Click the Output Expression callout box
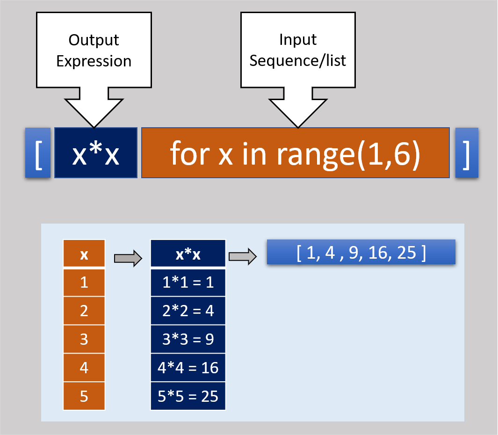pyautogui.click(x=94, y=51)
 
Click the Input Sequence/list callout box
pyautogui.click(x=298, y=51)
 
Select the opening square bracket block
pyautogui.click(x=38, y=153)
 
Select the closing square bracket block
pyautogui.click(x=466, y=153)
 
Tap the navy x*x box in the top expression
pyautogui.click(x=96, y=153)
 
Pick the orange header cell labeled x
pyautogui.click(x=84, y=254)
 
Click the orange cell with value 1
pyautogui.click(x=84, y=283)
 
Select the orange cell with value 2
pyautogui.click(x=84, y=311)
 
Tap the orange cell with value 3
pyautogui.click(x=84, y=339)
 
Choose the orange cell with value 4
pyautogui.click(x=84, y=368)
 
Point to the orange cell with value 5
pyautogui.click(x=84, y=396)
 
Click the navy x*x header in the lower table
pyautogui.click(x=188, y=254)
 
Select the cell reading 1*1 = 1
pyautogui.click(x=188, y=283)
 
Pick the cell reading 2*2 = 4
pyautogui.click(x=188, y=311)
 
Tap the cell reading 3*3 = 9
pyautogui.click(x=188, y=339)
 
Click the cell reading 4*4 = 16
pyautogui.click(x=188, y=368)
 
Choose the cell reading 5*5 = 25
pyautogui.click(x=188, y=396)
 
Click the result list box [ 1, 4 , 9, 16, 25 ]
pyautogui.click(x=361, y=252)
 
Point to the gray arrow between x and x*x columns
pyautogui.click(x=128, y=257)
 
